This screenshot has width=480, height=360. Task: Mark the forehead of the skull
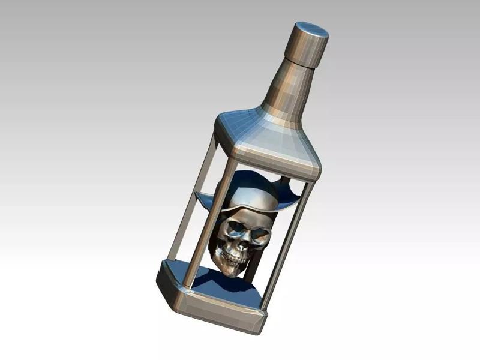click(x=249, y=216)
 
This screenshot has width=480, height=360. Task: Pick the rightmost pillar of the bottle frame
click(x=288, y=240)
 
